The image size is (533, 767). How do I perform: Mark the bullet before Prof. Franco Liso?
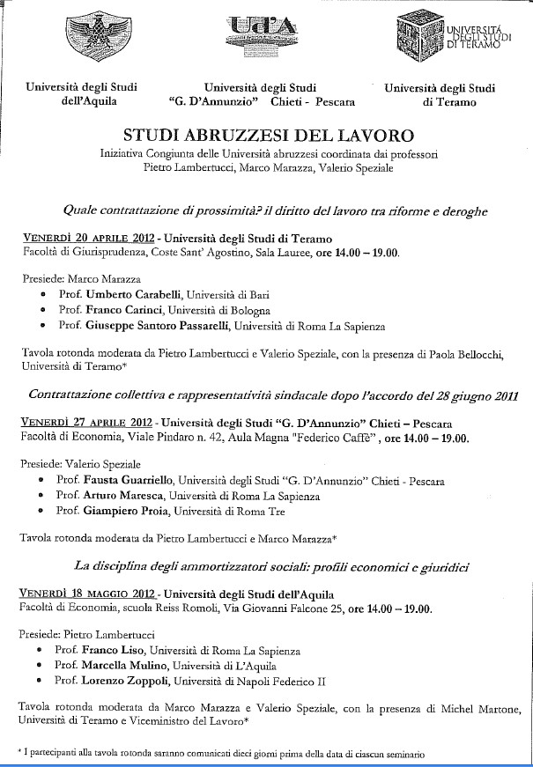pos(42,653)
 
